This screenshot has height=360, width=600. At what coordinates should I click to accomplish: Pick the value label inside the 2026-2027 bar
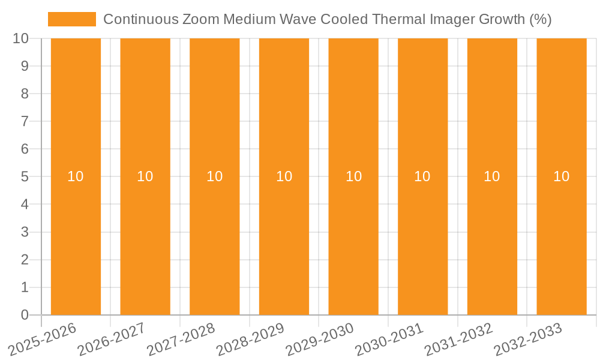145,176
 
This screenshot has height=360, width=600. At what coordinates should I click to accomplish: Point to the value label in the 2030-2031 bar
422,176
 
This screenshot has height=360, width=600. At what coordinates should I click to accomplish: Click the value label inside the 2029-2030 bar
353,176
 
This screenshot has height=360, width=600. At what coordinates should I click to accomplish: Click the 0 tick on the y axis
25,315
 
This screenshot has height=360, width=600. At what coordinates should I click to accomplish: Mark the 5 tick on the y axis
25,177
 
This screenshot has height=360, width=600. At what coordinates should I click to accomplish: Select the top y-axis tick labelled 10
21,38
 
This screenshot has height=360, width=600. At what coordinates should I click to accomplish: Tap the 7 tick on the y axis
25,121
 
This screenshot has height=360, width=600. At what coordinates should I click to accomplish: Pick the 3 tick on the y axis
25,232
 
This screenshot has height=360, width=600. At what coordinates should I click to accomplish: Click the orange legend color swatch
72,19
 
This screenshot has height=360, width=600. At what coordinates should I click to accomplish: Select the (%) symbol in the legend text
541,19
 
